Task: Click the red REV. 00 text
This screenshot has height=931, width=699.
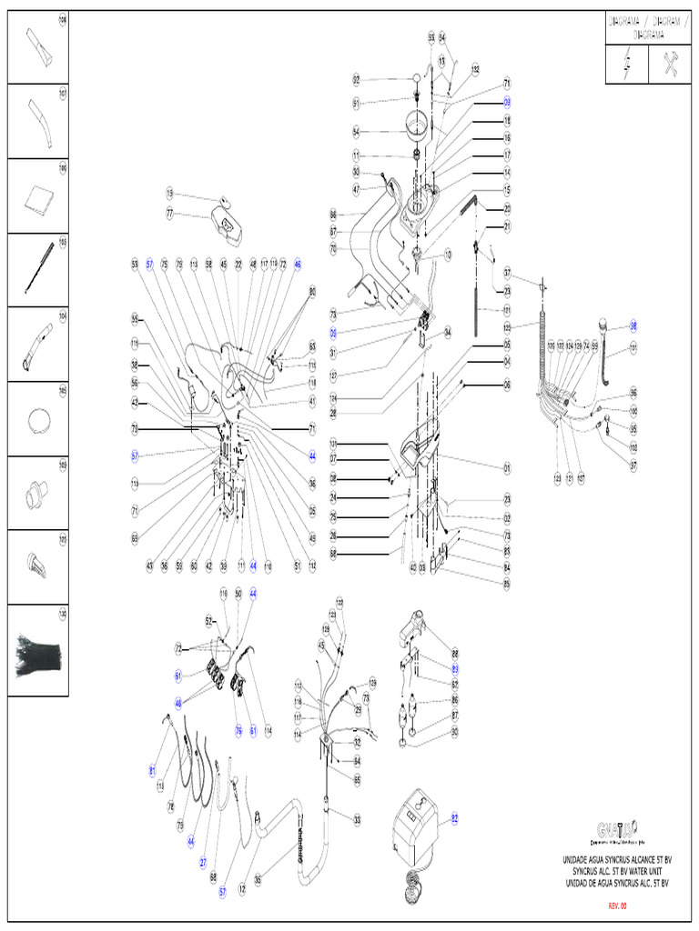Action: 618,906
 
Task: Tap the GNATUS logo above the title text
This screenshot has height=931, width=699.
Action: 618,829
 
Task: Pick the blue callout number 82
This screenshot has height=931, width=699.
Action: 455,818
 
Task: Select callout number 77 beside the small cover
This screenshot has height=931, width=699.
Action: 169,214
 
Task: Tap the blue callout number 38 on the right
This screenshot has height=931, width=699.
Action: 634,325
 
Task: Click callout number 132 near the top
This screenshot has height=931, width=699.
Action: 474,69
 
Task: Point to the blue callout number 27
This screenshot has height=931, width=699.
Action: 203,861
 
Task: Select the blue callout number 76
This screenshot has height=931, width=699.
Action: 238,730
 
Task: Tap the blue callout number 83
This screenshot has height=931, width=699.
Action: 455,668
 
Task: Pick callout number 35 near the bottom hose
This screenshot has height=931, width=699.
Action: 258,879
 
